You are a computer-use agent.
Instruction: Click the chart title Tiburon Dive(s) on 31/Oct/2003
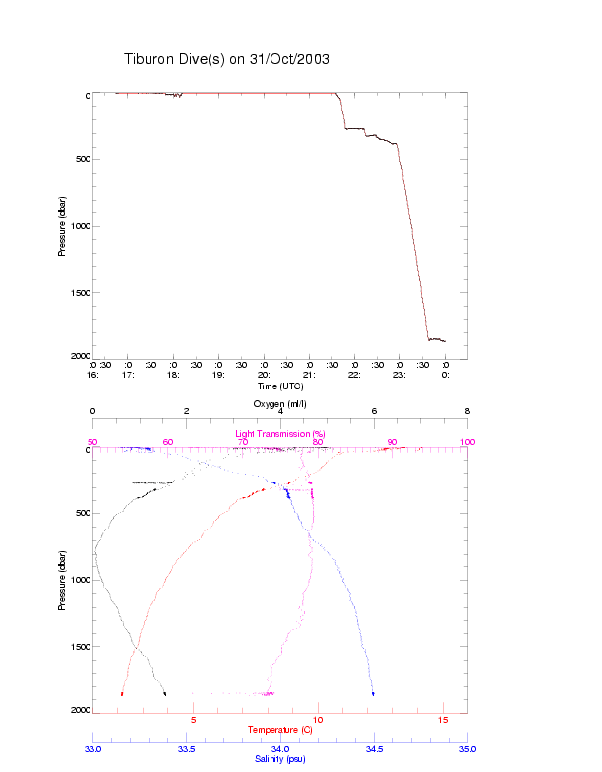pyautogui.click(x=226, y=59)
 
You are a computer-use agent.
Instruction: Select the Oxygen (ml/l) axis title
pyautogui.click(x=279, y=404)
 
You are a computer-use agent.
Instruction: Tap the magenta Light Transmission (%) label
pyautogui.click(x=279, y=434)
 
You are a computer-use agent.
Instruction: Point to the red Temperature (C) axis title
pyautogui.click(x=279, y=730)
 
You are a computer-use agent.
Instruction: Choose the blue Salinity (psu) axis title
pyautogui.click(x=279, y=759)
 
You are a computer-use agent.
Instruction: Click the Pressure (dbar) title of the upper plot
pyautogui.click(x=62, y=226)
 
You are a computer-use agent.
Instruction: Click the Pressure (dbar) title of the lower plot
pyautogui.click(x=62, y=580)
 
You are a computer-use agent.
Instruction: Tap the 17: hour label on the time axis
pyautogui.click(x=128, y=375)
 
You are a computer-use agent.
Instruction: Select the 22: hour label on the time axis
pyautogui.click(x=354, y=375)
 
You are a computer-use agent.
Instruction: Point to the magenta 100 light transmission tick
pyautogui.click(x=467, y=442)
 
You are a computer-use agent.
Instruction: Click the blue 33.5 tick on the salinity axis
pyautogui.click(x=186, y=749)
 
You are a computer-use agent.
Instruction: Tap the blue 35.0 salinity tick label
pyautogui.click(x=467, y=749)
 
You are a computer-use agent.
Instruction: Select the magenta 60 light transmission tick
pyautogui.click(x=167, y=442)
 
